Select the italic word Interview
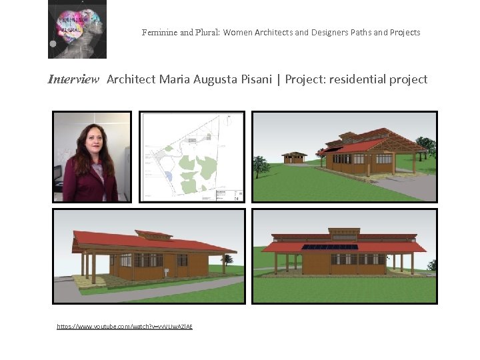click(x=73, y=79)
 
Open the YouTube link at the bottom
click(x=125, y=326)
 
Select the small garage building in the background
click(x=294, y=157)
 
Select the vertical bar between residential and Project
click(x=280, y=79)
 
